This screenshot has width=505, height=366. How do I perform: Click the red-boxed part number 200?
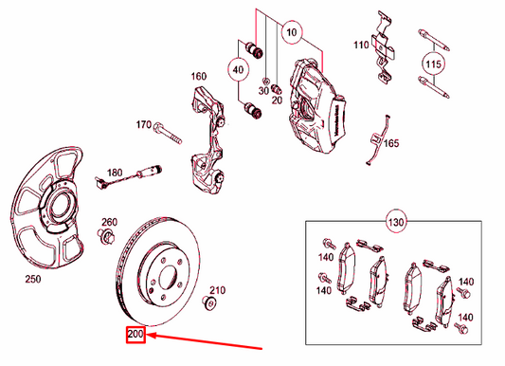click(x=134, y=334)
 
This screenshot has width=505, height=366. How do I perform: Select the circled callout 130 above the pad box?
click(x=395, y=224)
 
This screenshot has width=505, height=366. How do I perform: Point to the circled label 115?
click(x=433, y=64)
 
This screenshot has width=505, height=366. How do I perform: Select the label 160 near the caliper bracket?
click(x=198, y=77)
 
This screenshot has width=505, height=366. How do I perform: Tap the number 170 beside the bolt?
click(x=143, y=124)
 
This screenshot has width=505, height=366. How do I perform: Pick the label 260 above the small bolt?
click(x=109, y=221)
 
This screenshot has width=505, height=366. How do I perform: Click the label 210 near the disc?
click(x=217, y=289)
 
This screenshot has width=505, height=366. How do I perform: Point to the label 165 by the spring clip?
click(x=391, y=143)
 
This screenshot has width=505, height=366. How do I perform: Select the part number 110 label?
click(x=360, y=45)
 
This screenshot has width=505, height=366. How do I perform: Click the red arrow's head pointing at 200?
click(x=150, y=334)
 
